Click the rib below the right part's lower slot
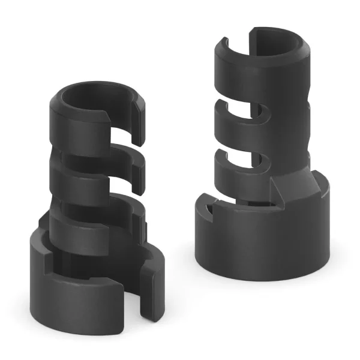[252, 180]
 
